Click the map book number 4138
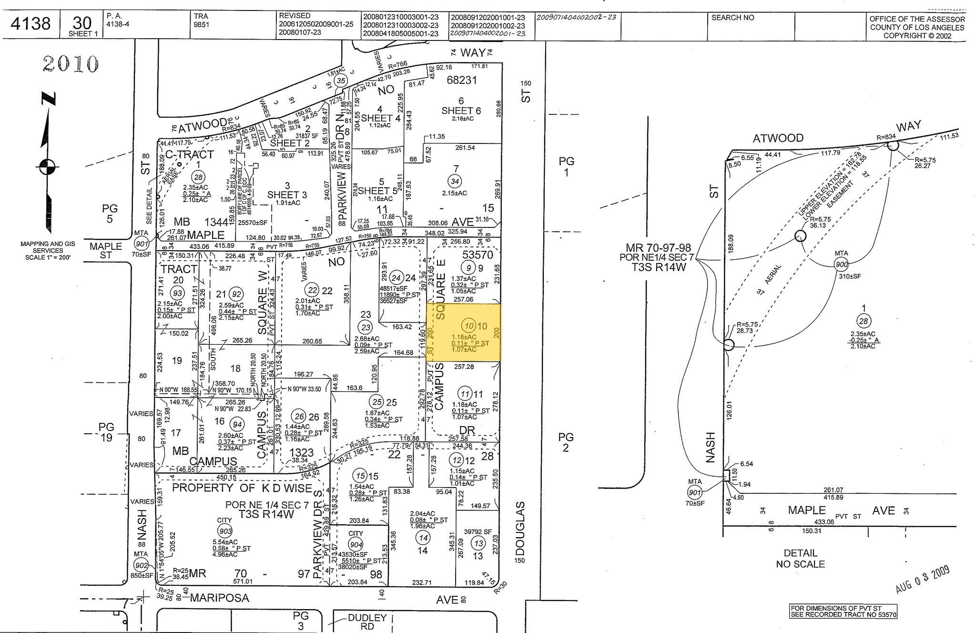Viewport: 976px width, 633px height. tap(30, 23)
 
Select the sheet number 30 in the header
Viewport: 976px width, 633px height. tap(82, 22)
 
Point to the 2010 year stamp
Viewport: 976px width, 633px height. tap(71, 63)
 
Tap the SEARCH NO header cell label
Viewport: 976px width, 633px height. tap(732, 18)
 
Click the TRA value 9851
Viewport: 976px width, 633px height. tap(202, 25)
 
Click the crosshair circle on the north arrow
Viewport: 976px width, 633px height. tap(47, 167)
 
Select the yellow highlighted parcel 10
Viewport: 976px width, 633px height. tap(464, 332)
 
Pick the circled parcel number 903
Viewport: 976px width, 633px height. tap(224, 531)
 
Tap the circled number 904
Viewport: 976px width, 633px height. tap(356, 545)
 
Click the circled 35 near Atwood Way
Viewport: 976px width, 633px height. tap(340, 81)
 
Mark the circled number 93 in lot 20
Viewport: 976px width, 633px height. tap(178, 293)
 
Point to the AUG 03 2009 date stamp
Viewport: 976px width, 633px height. tap(923, 579)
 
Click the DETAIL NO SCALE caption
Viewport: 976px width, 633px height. tap(800, 558)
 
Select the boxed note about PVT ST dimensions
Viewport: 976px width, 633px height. tap(843, 612)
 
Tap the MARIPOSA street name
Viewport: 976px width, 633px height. tap(220, 598)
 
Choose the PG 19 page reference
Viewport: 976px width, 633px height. tap(106, 432)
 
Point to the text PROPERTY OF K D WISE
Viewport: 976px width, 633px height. tap(242, 488)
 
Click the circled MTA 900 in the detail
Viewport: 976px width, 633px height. tap(842, 264)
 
